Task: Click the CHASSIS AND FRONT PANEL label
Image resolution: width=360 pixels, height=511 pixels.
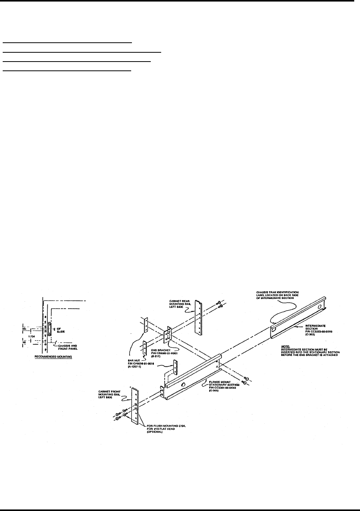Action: pos(67,347)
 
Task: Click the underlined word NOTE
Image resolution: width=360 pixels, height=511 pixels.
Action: pos(286,346)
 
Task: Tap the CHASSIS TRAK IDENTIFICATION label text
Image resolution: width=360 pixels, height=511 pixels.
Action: pos(278,293)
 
